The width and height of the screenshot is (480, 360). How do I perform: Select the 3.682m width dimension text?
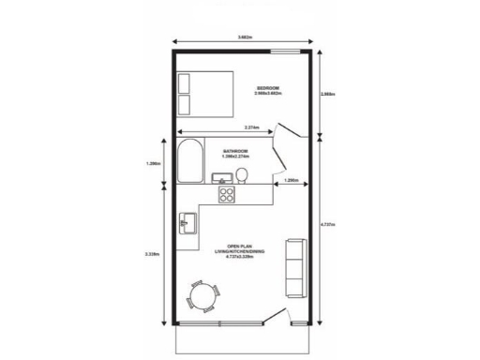click(x=244, y=37)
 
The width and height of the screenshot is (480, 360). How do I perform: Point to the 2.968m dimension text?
click(x=328, y=94)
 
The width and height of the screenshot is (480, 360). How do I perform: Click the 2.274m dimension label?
click(x=252, y=127)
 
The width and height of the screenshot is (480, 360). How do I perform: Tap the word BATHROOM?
click(x=235, y=150)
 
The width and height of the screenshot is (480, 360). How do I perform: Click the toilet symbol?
click(x=243, y=175)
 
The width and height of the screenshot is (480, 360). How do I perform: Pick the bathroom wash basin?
click(x=221, y=178)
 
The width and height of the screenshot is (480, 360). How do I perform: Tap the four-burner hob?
click(x=227, y=195)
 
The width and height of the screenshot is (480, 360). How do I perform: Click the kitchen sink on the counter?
click(x=187, y=224)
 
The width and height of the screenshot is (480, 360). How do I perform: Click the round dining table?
click(x=202, y=295)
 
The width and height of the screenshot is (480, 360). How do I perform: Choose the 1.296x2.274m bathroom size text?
click(x=235, y=156)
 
